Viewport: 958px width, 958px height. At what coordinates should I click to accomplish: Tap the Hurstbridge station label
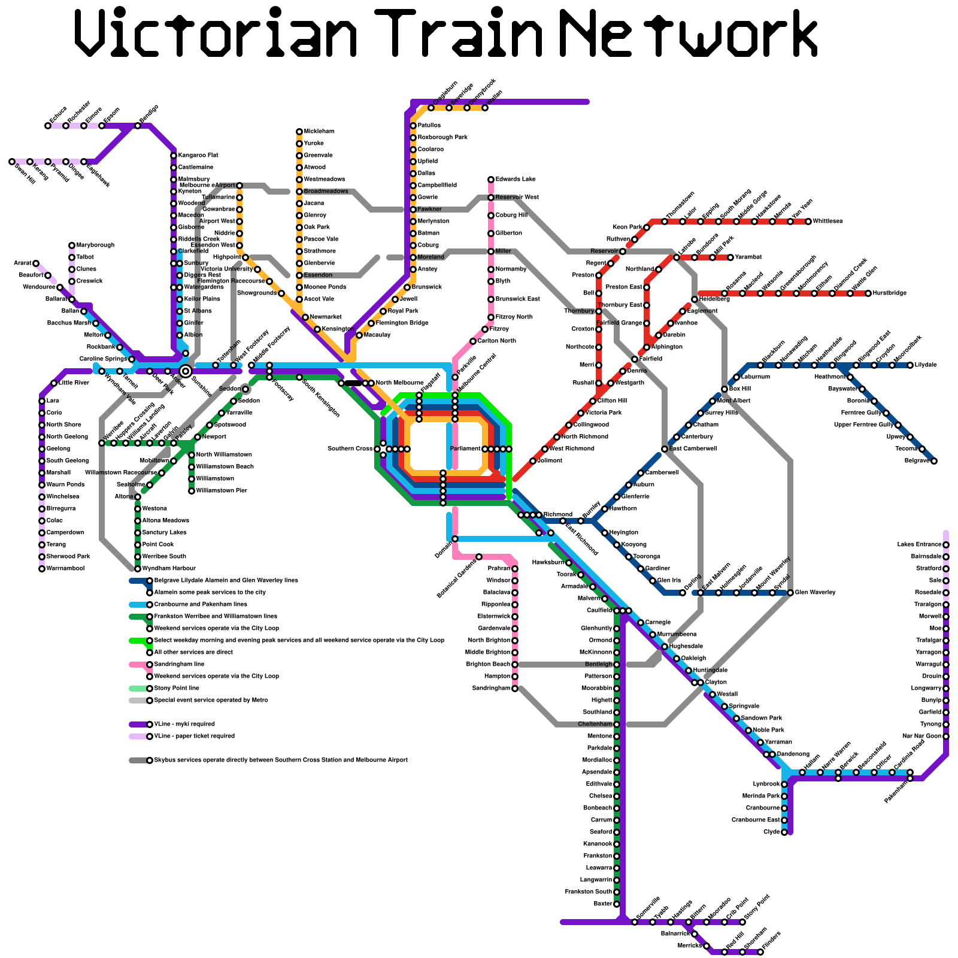[x=890, y=293]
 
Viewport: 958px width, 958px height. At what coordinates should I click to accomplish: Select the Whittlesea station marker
[x=808, y=222]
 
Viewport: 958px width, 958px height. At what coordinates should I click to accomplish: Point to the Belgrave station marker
[x=934, y=461]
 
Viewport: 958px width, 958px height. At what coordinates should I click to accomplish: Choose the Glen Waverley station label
[x=815, y=593]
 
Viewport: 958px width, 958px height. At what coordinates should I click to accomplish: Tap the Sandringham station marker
[x=515, y=689]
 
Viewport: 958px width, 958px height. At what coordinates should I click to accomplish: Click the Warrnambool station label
[x=65, y=569]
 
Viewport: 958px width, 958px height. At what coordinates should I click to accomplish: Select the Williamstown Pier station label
[x=222, y=491]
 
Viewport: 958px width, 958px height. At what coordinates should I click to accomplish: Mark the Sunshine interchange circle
[x=186, y=371]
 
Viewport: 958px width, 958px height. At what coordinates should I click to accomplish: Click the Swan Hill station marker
[x=12, y=162]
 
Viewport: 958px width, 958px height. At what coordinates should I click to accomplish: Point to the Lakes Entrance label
[x=919, y=545]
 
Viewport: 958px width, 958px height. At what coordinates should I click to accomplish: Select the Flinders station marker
[x=760, y=952]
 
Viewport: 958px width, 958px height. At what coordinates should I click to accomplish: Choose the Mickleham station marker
[x=299, y=132]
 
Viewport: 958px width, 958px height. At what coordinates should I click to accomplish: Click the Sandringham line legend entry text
[x=179, y=665]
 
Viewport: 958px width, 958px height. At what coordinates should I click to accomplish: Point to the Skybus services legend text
[x=281, y=760]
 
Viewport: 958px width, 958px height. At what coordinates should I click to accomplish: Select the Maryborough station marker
[x=72, y=245]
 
